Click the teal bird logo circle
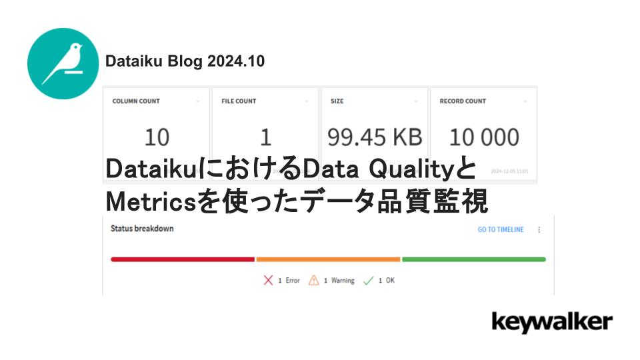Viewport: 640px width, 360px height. tap(63, 63)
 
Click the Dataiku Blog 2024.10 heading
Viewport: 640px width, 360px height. tap(185, 61)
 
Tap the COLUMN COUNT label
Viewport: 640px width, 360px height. tap(136, 101)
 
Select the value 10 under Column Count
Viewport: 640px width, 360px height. tap(157, 137)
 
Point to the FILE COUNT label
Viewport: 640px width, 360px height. tap(239, 101)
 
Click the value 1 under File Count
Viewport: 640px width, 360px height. tap(265, 137)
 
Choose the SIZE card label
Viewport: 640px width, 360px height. tap(337, 101)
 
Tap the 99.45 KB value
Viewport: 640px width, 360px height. tap(375, 137)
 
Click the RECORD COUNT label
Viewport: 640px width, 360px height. tap(463, 101)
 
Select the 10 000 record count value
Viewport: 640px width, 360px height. tap(483, 137)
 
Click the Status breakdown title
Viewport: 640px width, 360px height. tap(142, 229)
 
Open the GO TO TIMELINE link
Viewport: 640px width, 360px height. tap(501, 230)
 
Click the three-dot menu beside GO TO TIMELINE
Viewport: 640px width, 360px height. tap(539, 230)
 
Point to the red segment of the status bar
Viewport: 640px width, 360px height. tap(183, 259)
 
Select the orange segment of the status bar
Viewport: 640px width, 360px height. tap(328, 259)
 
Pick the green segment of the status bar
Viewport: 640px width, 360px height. tap(473, 259)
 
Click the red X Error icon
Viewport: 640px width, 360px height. tap(269, 281)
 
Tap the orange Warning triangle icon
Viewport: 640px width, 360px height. tap(314, 281)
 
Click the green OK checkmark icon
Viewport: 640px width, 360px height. tap(369, 281)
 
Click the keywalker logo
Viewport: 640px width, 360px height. tap(551, 323)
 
